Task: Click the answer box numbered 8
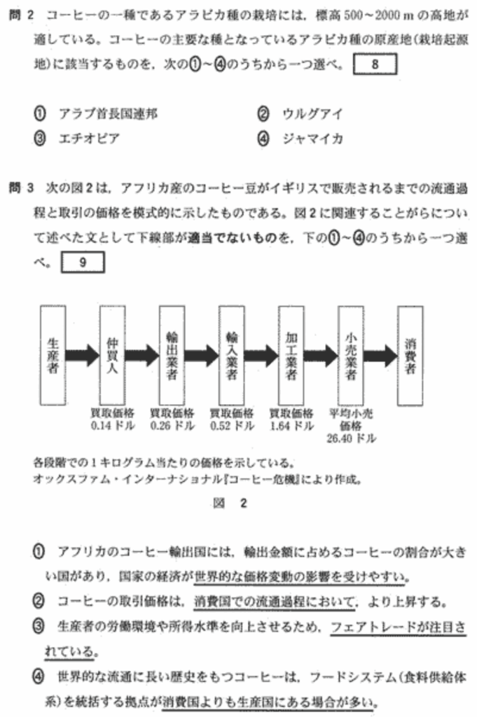pyautogui.click(x=375, y=65)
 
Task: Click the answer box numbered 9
pyautogui.click(x=83, y=263)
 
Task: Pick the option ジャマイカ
pyautogui.click(x=312, y=139)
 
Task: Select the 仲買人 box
pyautogui.click(x=111, y=355)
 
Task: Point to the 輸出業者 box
pyautogui.click(x=172, y=355)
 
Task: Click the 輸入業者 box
pyautogui.click(x=231, y=355)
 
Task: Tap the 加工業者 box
pyautogui.click(x=291, y=355)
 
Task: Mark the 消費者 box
pyautogui.click(x=410, y=355)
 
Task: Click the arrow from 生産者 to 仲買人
pyautogui.click(x=82, y=354)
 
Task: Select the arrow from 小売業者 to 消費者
pyautogui.click(x=380, y=354)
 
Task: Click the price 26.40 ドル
pyautogui.click(x=351, y=438)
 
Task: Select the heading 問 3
pyautogui.click(x=21, y=188)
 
